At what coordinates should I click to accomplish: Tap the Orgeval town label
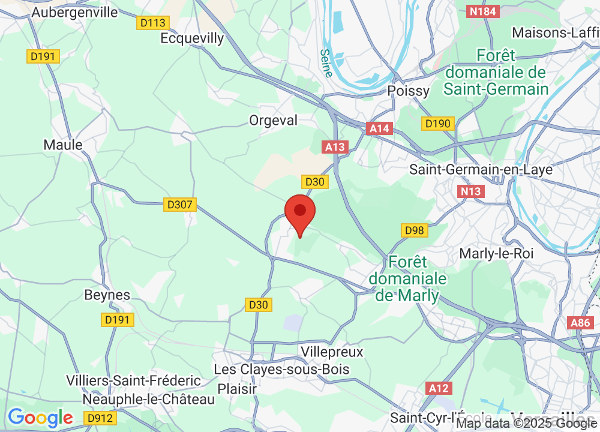[x=273, y=121]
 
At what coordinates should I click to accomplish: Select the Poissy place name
[x=409, y=91]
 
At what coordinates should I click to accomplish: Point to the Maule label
[x=63, y=145]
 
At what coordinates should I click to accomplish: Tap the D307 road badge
[x=180, y=205]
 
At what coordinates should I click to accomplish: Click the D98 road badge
[x=415, y=230]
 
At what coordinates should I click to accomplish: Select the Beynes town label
[x=107, y=295]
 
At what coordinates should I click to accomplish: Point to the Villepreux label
[x=332, y=352]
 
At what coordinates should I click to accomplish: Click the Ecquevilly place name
[x=192, y=38]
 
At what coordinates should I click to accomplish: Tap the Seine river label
[x=326, y=63]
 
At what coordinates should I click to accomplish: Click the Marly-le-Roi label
[x=496, y=253]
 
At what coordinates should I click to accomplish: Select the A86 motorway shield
[x=580, y=323]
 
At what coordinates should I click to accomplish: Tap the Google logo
[x=40, y=418]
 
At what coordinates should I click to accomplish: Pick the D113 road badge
[x=152, y=23]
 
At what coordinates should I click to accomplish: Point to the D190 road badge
[x=438, y=124]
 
